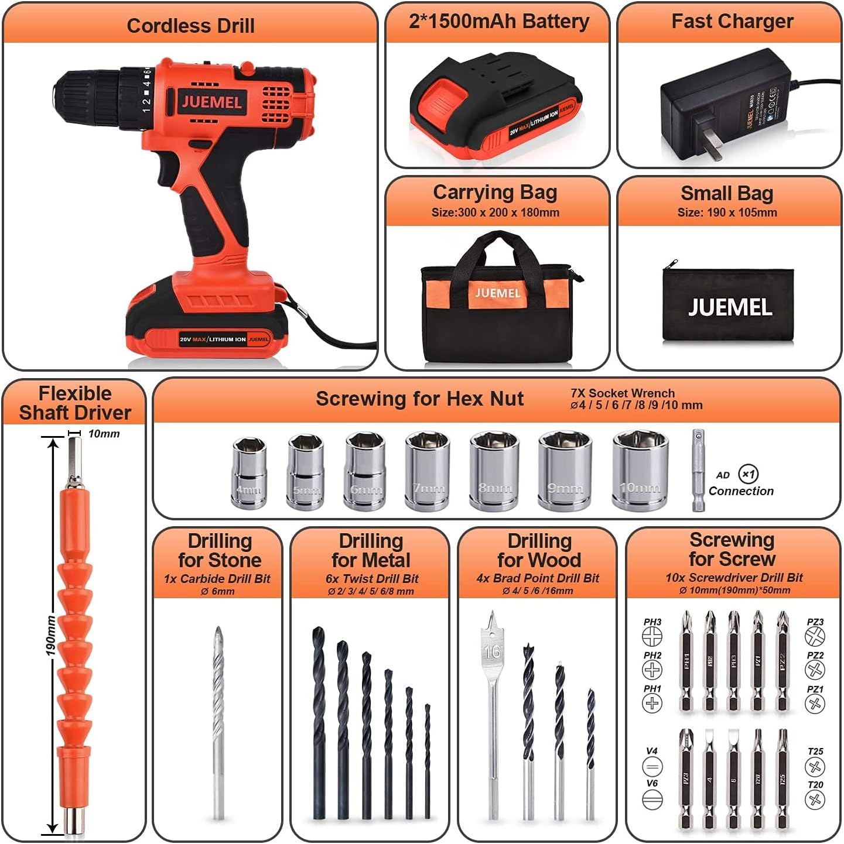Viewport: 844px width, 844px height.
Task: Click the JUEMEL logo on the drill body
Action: [x=211, y=102]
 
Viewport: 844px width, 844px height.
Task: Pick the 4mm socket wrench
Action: [x=250, y=473]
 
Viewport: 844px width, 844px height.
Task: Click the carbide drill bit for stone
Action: [x=218, y=720]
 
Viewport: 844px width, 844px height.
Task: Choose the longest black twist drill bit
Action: [x=319, y=723]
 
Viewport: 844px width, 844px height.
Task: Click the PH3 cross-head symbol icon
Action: [x=652, y=636]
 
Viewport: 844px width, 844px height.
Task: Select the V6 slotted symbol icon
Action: [x=652, y=798]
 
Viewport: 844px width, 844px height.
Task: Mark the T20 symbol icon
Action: [x=815, y=799]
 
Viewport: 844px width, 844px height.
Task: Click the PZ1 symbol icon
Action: [x=815, y=703]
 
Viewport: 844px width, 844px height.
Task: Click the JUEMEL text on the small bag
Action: [x=730, y=307]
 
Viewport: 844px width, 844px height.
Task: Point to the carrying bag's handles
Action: [x=497, y=249]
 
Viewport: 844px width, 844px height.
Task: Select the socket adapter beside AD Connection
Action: [x=698, y=471]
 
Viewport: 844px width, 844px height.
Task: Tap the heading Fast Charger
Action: [x=732, y=22]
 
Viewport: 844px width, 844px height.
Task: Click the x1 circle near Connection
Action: [x=748, y=474]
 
